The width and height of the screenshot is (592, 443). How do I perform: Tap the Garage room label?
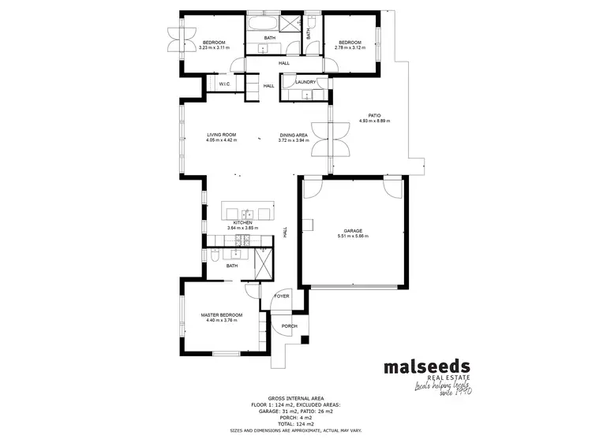tap(353, 230)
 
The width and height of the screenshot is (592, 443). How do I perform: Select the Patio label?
tap(374, 115)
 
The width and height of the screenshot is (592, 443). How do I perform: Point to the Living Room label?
tap(222, 135)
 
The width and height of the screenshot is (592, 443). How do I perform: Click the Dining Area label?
tap(293, 135)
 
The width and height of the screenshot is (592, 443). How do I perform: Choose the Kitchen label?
tap(242, 223)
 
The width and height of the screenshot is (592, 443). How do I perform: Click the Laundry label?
tap(305, 82)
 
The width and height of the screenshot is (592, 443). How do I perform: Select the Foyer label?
tap(282, 296)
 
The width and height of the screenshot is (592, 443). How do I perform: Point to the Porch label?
tap(289, 326)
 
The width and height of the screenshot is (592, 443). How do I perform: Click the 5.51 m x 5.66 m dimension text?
tap(353, 236)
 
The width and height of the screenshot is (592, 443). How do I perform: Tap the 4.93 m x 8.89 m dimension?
tap(374, 121)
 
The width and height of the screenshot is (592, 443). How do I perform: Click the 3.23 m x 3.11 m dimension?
tap(214, 47)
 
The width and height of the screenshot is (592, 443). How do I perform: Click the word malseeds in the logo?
tap(426, 367)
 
